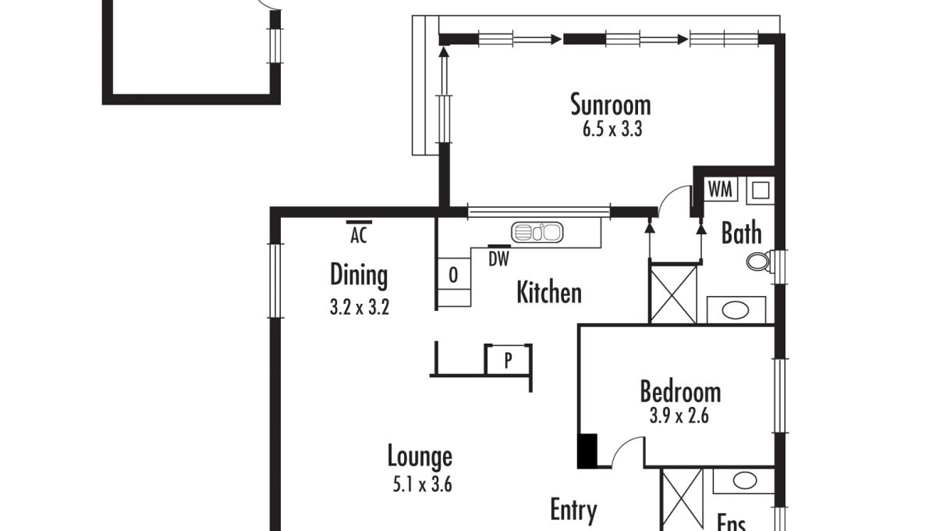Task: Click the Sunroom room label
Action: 611,105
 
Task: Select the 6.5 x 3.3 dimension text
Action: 612,130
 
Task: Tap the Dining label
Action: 359,276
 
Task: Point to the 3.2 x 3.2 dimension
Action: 360,307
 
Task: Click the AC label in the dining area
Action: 359,235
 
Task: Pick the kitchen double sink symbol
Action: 537,232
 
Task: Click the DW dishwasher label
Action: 499,259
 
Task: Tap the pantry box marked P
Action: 508,359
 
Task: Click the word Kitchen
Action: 549,292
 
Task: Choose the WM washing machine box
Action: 721,189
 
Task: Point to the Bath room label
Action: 742,233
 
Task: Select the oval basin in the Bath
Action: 736,311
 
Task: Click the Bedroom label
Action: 680,392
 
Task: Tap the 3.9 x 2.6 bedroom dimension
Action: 679,416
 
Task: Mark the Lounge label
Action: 420,457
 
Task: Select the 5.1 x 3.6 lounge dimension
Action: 423,485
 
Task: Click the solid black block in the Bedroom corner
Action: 588,451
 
